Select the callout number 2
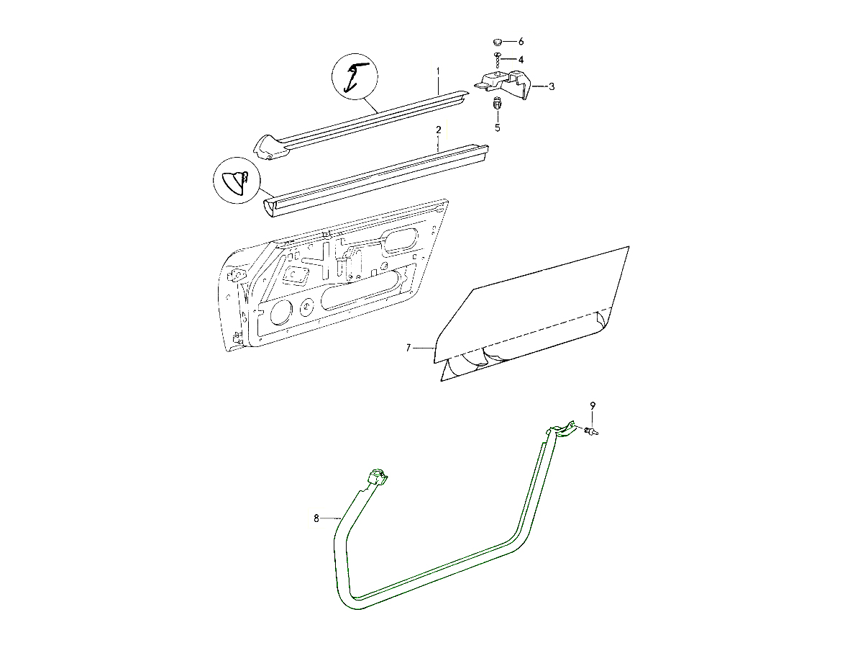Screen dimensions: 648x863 coord(437,130)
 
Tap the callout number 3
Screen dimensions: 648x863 coord(552,86)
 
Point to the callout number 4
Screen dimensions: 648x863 coord(521,59)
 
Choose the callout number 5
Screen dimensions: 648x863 coord(496,127)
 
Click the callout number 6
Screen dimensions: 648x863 coord(521,42)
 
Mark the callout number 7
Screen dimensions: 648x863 coord(408,348)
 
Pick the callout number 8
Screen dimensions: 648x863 coord(316,517)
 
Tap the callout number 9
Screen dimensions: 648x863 coord(593,406)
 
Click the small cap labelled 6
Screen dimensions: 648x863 coord(497,42)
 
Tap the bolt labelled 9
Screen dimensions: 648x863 coord(591,431)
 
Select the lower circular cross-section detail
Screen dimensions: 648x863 coord(237,181)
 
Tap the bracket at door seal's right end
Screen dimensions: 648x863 coord(562,430)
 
